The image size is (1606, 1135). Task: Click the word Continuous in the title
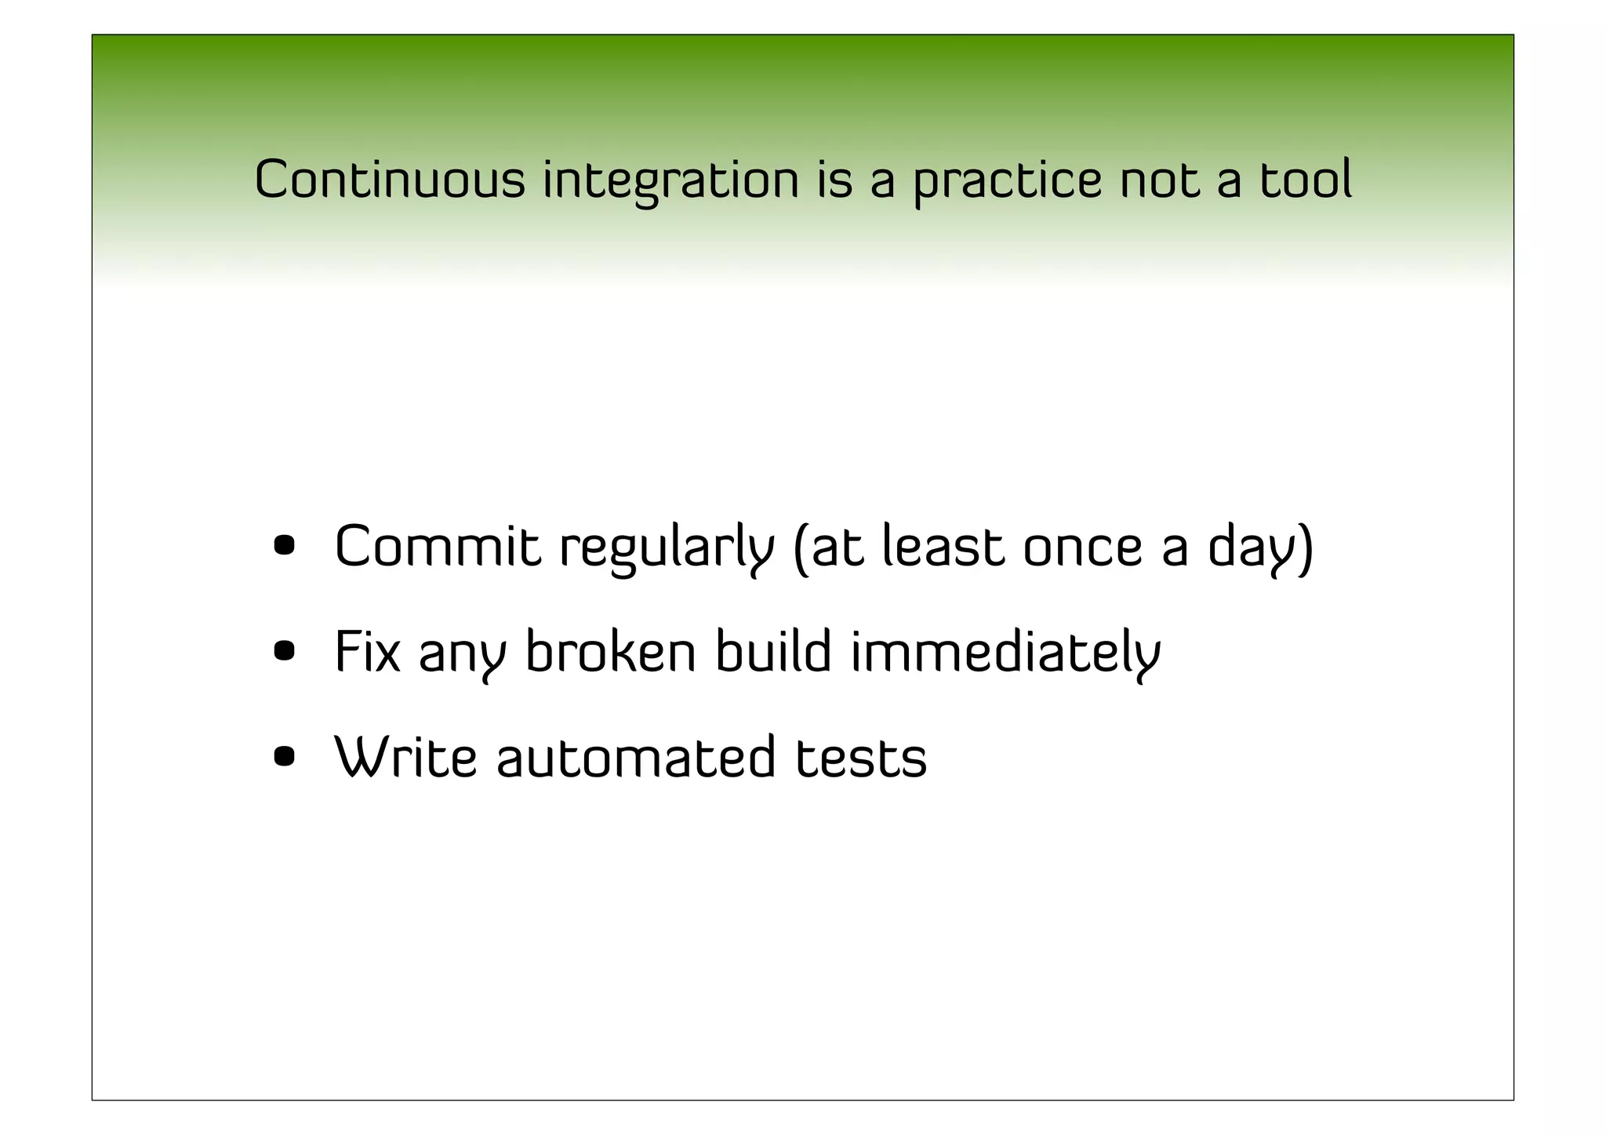coord(390,180)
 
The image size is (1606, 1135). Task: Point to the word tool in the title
coord(1306,180)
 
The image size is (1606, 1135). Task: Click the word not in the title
coord(1160,180)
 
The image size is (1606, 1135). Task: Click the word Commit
coord(438,546)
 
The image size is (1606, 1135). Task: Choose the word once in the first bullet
coord(1083,547)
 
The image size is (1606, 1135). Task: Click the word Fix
coord(367,652)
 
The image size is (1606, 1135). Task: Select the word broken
coord(610,652)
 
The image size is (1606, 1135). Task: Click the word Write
coord(405,757)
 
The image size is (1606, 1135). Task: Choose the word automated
coord(636,758)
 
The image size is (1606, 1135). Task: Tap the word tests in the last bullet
coord(861,758)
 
